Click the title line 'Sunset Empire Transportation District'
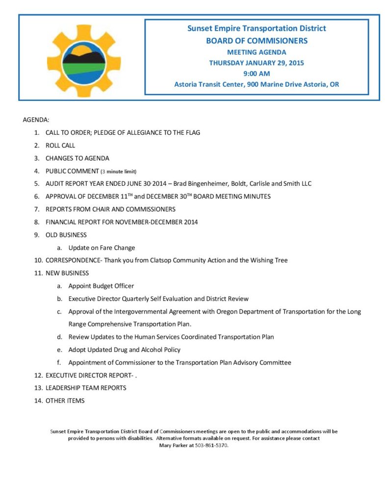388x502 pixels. tap(257, 28)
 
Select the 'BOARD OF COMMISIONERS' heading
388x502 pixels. tap(257, 41)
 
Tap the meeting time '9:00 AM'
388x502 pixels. tap(257, 74)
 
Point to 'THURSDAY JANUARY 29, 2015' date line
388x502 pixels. tap(257, 63)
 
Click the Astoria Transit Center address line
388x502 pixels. tap(257, 84)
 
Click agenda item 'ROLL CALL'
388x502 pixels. tap(60, 146)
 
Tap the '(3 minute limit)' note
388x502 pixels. tap(118, 172)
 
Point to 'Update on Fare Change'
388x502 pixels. tap(102, 248)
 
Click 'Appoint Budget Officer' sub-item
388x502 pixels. tap(101, 286)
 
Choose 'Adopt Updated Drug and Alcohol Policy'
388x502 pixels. tap(125, 350)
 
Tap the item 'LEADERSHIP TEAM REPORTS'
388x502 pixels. tap(86, 388)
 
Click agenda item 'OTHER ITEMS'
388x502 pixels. tap(65, 401)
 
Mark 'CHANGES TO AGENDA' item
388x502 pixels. tap(78, 158)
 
